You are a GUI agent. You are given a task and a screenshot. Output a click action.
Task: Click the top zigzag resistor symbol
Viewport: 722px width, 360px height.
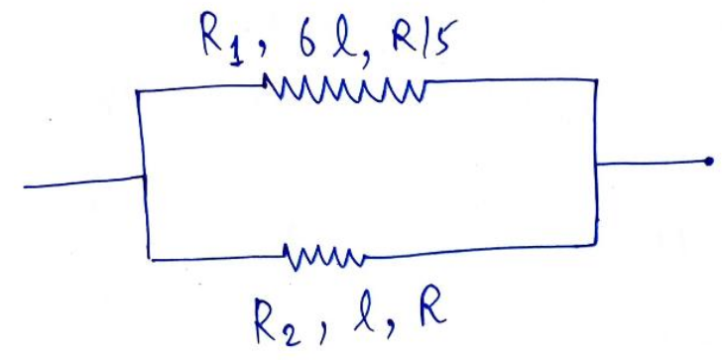(344, 90)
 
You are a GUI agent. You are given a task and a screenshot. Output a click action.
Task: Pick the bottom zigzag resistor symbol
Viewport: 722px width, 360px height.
(324, 257)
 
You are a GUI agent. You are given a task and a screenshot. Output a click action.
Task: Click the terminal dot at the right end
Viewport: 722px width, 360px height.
(709, 161)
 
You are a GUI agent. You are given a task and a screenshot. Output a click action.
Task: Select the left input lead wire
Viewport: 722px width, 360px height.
(84, 181)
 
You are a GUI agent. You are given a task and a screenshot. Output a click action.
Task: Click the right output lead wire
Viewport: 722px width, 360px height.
(652, 163)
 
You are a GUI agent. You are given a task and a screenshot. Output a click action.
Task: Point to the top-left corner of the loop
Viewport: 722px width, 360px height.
(137, 91)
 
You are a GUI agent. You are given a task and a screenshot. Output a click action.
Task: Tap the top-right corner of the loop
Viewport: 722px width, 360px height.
(596, 80)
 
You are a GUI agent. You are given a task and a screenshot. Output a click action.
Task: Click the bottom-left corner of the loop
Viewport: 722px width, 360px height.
(150, 260)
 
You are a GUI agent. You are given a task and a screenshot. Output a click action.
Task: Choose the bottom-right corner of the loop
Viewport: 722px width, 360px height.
(596, 245)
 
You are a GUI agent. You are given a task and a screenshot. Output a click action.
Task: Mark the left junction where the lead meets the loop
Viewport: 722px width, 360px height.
(145, 176)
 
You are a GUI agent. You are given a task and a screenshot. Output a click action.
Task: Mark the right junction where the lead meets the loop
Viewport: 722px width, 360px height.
(596, 164)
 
